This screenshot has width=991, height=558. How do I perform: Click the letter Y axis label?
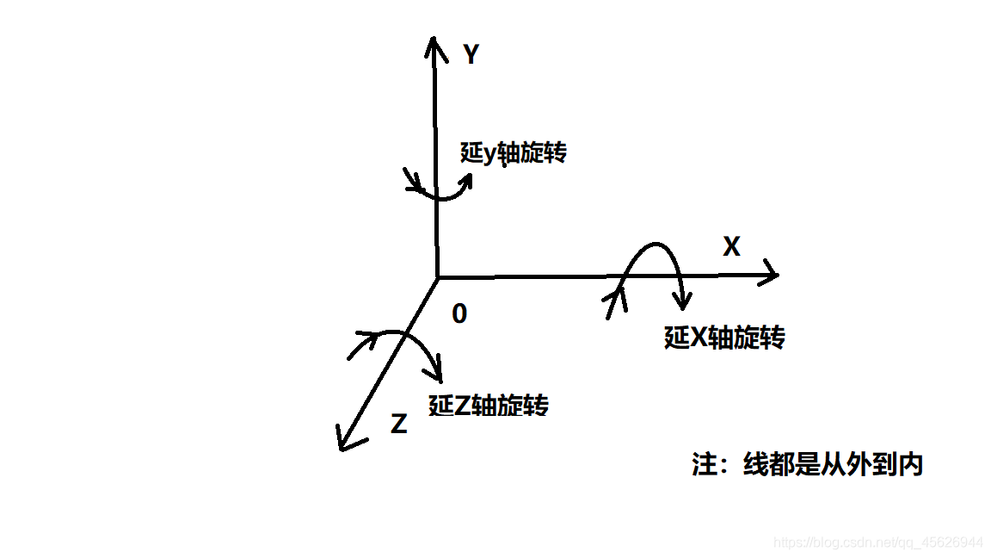click(471, 55)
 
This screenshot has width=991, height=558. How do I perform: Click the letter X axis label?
click(731, 247)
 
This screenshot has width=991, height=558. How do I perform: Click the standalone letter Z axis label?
click(398, 424)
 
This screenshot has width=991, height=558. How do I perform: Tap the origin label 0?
click(459, 314)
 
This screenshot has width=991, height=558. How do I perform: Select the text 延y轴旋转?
click(514, 154)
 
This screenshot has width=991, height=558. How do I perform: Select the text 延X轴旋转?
click(724, 337)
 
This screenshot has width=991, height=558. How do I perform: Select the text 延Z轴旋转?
click(489, 405)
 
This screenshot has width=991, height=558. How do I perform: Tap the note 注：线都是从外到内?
click(807, 464)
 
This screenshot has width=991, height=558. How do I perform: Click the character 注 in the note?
click(705, 464)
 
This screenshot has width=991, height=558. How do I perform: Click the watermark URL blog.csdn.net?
click(877, 542)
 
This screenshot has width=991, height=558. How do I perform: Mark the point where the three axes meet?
click(437, 277)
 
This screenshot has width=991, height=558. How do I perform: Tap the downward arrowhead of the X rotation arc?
click(683, 301)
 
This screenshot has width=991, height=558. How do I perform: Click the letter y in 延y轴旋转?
click(490, 156)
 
